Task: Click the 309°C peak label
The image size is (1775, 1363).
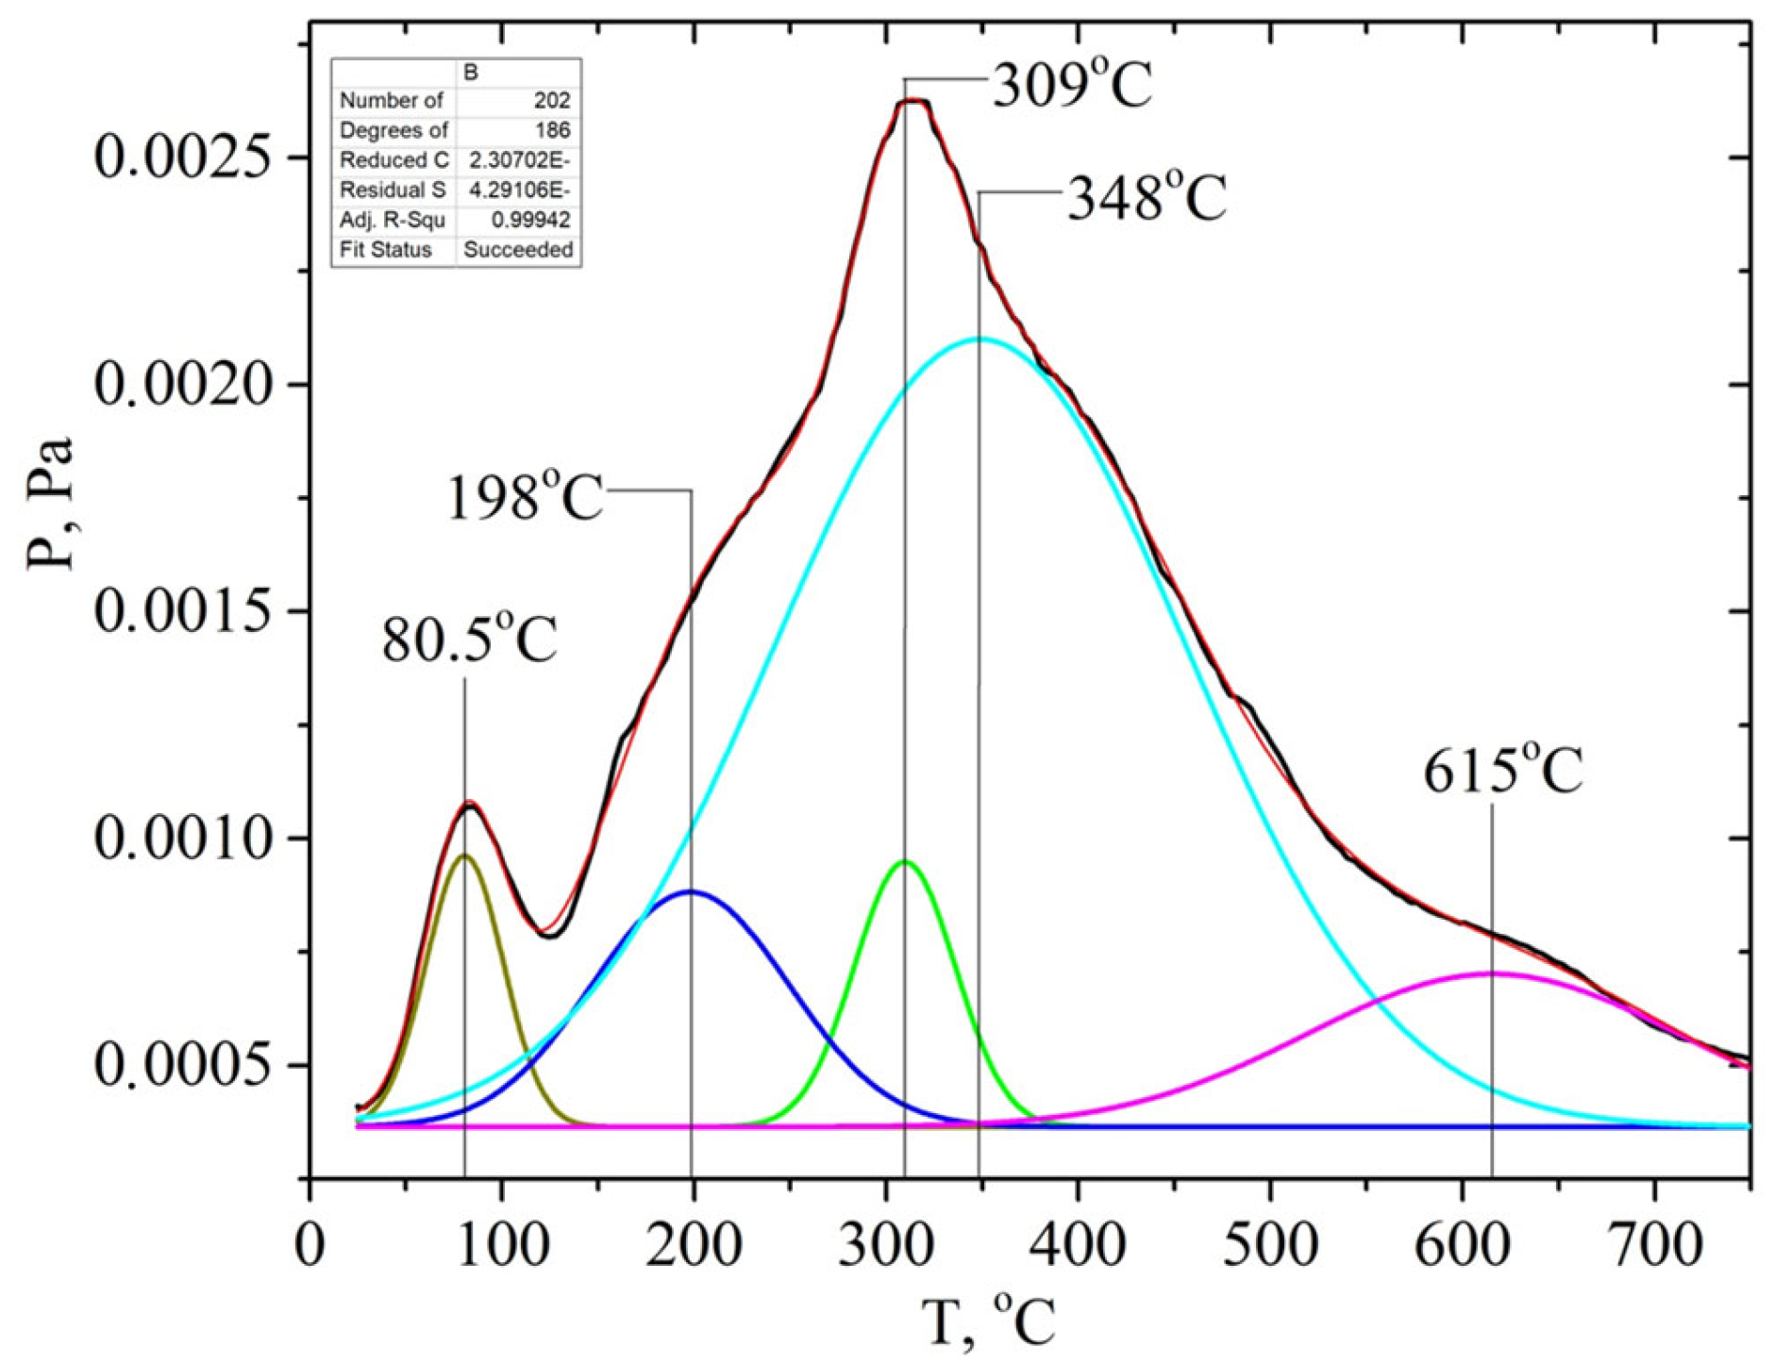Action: pos(1072,87)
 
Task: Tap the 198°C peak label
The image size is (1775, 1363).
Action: pos(524,497)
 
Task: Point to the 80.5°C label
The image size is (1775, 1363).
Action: pos(469,640)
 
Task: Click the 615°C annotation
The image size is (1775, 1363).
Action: pos(1502,773)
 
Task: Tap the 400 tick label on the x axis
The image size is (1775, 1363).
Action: pos(1078,1245)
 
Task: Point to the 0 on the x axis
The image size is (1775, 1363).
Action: pos(310,1245)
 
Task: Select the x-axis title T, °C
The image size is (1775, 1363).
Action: pos(988,1321)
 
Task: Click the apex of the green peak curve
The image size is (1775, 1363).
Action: pos(905,861)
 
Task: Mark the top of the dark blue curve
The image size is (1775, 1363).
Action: pos(692,890)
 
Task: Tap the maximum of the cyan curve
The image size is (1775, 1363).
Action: pos(979,338)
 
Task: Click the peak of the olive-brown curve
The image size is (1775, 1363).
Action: pos(463,856)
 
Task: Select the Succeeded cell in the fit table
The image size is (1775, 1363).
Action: pos(518,250)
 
